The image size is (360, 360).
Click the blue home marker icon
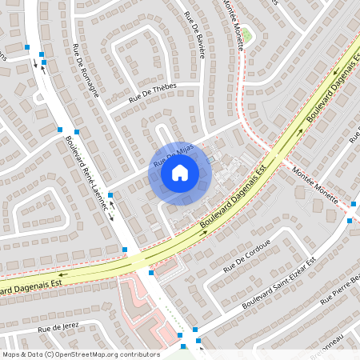point(180,173)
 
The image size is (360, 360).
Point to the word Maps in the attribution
point(11,354)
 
